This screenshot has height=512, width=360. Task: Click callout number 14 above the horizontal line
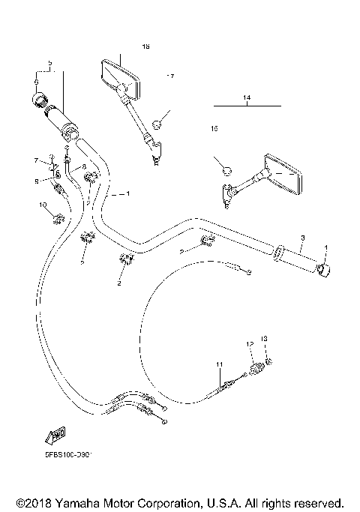pyautogui.click(x=246, y=98)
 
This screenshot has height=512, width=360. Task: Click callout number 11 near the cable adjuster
pyautogui.click(x=219, y=364)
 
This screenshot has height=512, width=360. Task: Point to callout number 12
pyautogui.click(x=250, y=344)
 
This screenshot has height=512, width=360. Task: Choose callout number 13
pyautogui.click(x=264, y=339)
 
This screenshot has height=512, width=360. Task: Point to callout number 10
pyautogui.click(x=43, y=204)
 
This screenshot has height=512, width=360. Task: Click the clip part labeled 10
pyautogui.click(x=57, y=218)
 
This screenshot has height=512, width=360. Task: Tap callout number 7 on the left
pyautogui.click(x=35, y=160)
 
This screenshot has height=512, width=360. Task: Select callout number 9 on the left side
pyautogui.click(x=35, y=181)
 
